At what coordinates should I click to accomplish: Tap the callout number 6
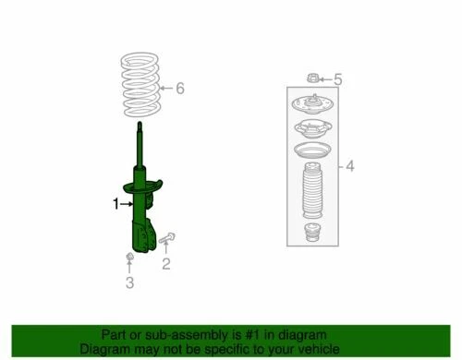tap(180, 89)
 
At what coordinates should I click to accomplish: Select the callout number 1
tap(116, 204)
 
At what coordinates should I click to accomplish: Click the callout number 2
tap(166, 266)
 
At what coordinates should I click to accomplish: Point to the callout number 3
tap(129, 282)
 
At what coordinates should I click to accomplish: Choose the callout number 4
tap(350, 167)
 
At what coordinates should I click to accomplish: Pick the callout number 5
tap(337, 79)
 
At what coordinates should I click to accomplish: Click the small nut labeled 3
tap(129, 255)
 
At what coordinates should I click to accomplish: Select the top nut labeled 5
tap(312, 78)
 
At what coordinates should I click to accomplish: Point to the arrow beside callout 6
tap(164, 89)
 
